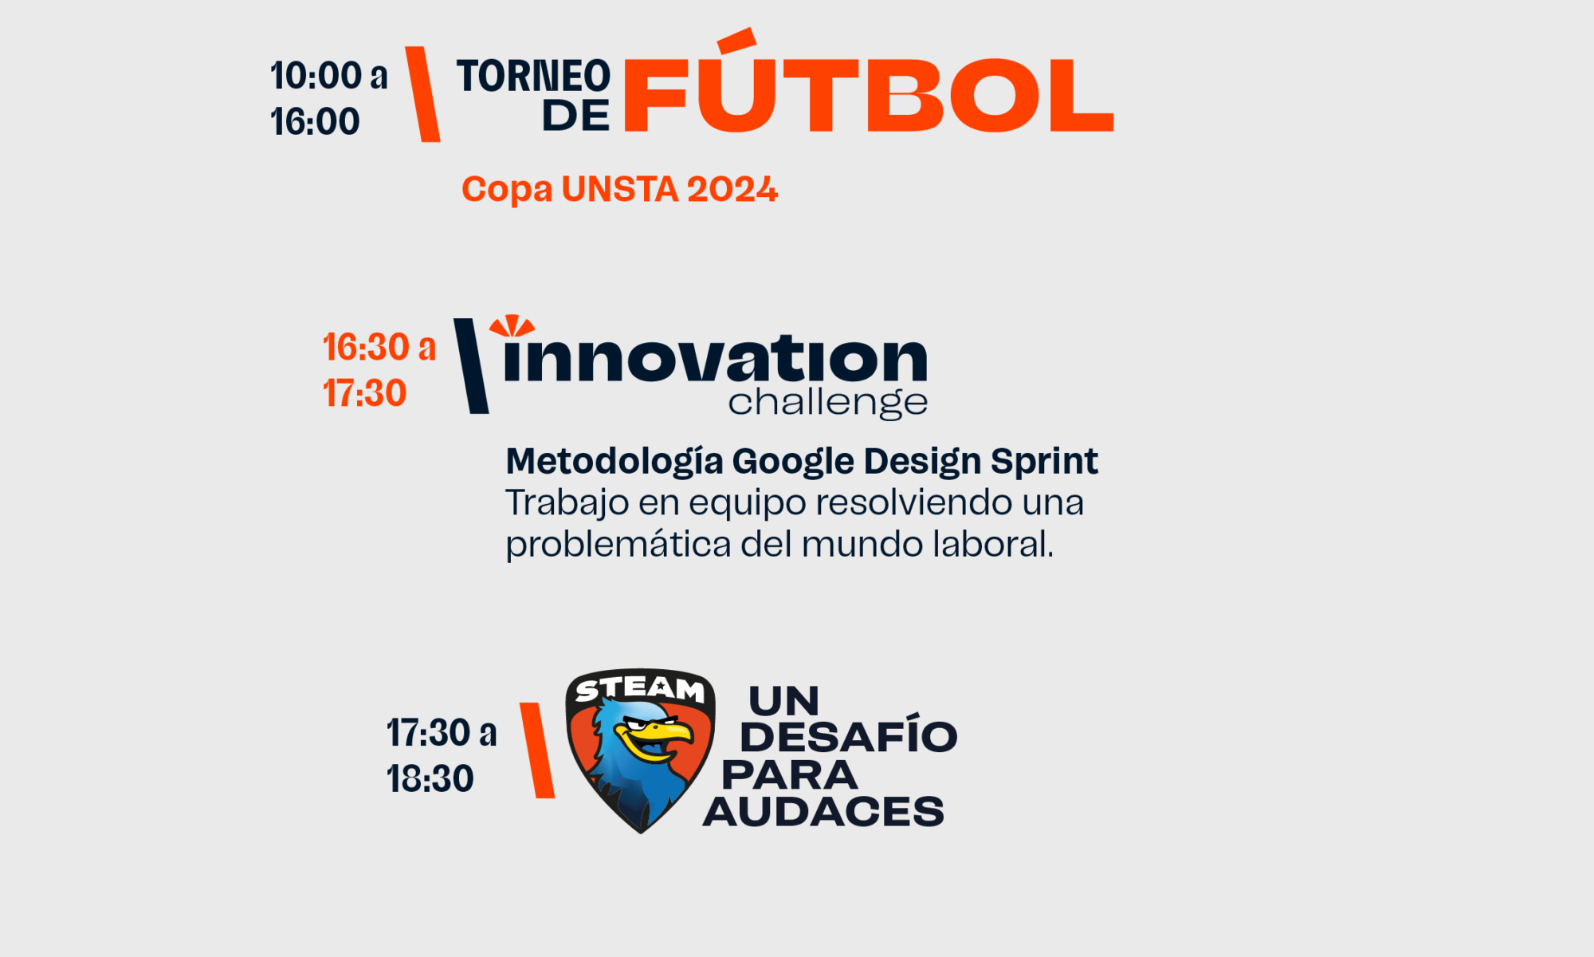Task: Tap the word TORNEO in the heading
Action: (533, 77)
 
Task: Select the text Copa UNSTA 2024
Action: (619, 190)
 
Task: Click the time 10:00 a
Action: (328, 76)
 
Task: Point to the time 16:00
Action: (315, 122)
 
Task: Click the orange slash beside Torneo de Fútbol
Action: (422, 94)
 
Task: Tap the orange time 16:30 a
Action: (379, 348)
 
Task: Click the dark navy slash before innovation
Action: (471, 366)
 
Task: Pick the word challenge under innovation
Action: (828, 403)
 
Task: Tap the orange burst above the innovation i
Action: (512, 325)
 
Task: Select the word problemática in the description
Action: (618, 545)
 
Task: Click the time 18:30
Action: (430, 779)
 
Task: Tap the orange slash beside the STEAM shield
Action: (537, 750)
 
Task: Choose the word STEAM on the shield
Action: (640, 688)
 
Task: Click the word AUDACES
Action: (823, 812)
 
